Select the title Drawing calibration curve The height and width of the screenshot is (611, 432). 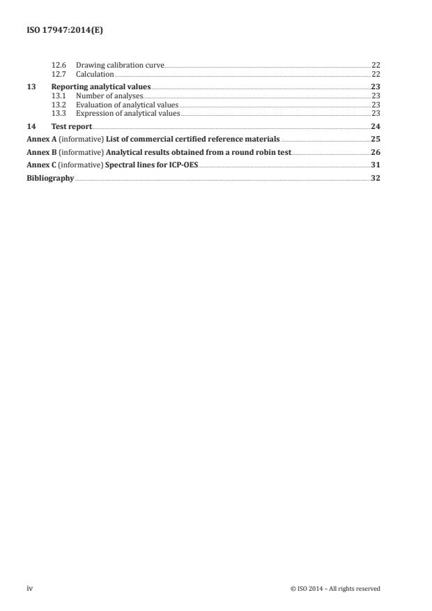point(120,65)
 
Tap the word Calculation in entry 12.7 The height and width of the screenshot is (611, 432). point(95,73)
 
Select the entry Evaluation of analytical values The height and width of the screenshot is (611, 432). point(127,104)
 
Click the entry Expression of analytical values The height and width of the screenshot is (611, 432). point(128,112)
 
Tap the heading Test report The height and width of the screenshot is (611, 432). point(72,126)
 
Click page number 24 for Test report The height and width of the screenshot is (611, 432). point(376,126)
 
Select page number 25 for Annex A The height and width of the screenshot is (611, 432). point(376,139)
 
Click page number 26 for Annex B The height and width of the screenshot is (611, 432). point(376,152)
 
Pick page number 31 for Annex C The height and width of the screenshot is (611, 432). point(376,165)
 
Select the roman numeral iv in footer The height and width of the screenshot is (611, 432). point(29,588)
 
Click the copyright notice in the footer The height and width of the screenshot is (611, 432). point(335,588)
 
